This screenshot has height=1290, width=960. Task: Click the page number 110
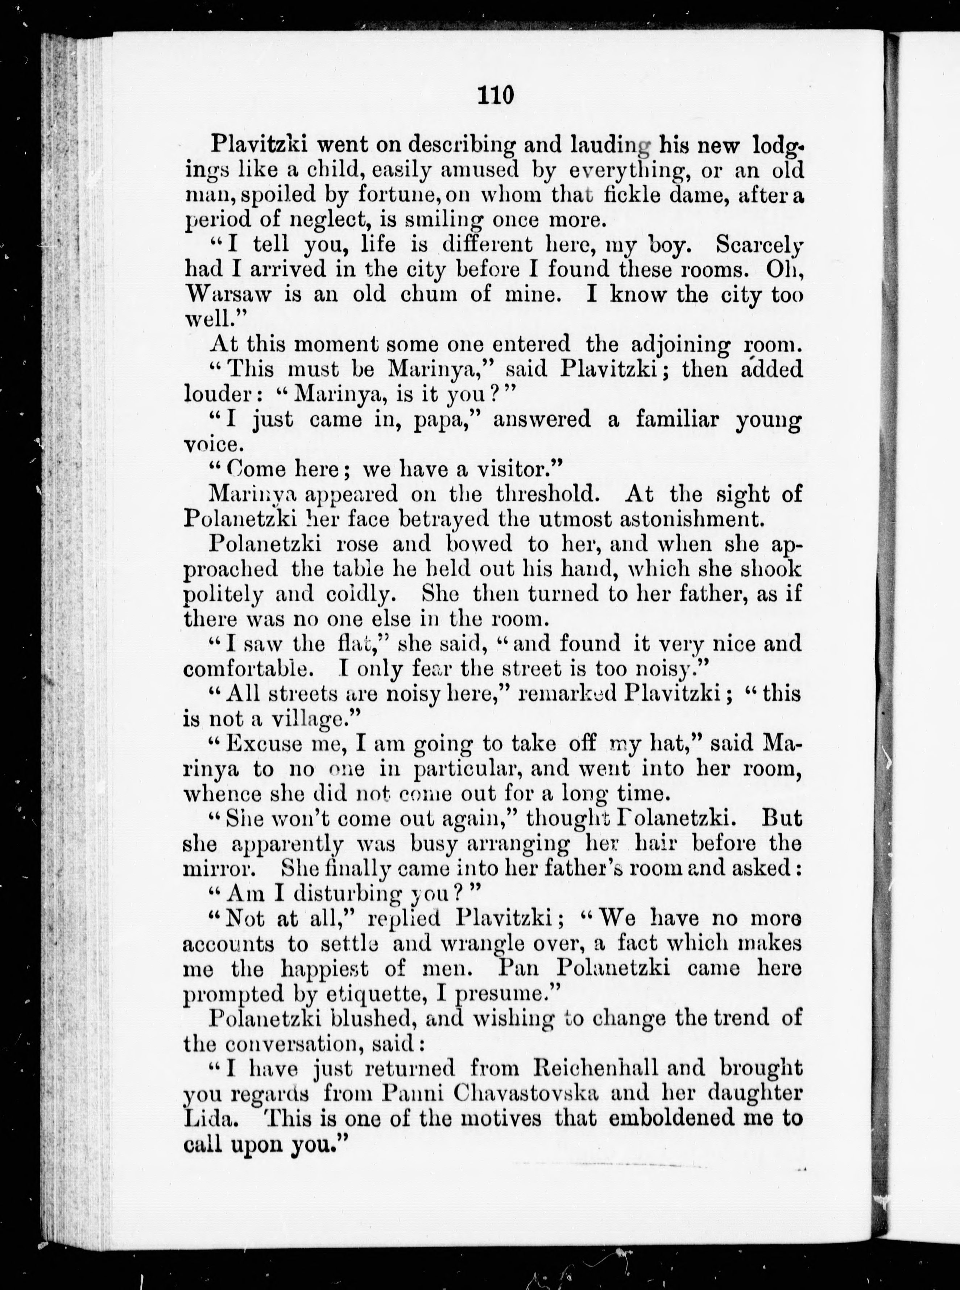tap(496, 94)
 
